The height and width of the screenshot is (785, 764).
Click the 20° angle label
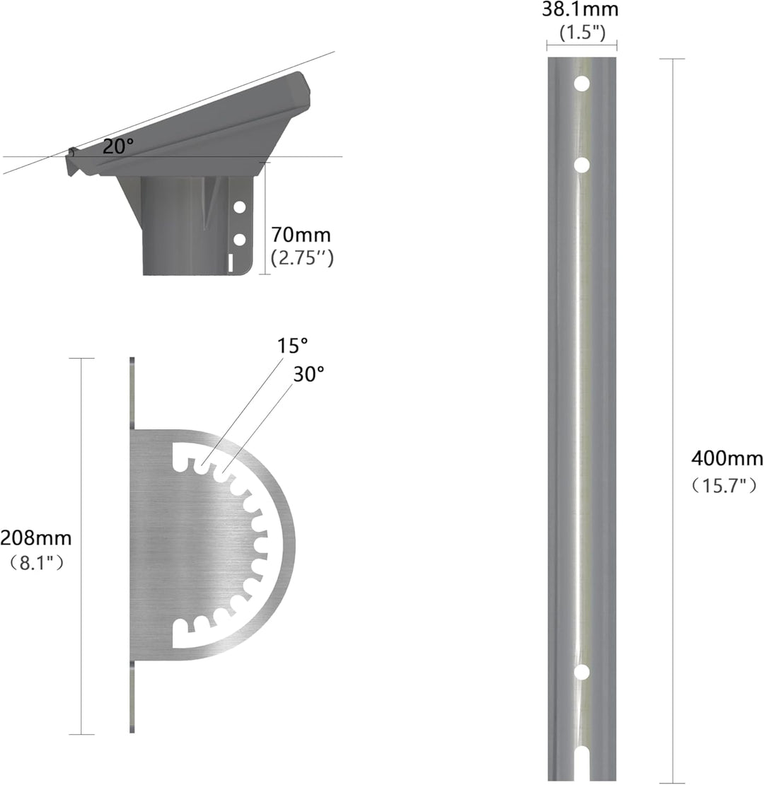tap(118, 146)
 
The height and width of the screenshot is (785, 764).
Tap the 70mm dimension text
tap(301, 235)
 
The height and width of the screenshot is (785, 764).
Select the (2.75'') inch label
tap(302, 258)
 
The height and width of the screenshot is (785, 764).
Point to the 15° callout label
tap(292, 345)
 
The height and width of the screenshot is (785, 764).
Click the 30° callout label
tap(308, 374)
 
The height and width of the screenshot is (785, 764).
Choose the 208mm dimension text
tap(35, 538)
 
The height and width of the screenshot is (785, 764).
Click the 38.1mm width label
tap(580, 9)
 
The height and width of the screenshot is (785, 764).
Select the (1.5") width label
tap(582, 33)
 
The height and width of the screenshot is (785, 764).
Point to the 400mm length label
tap(727, 458)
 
